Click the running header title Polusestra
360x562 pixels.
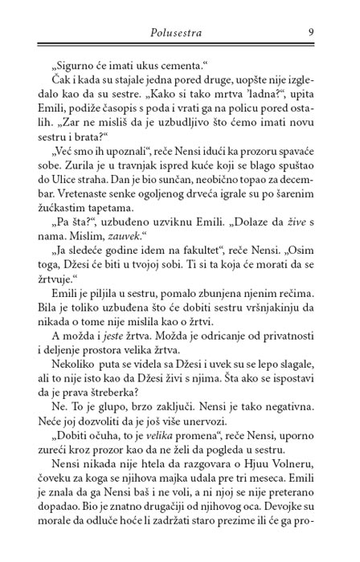(180, 32)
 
